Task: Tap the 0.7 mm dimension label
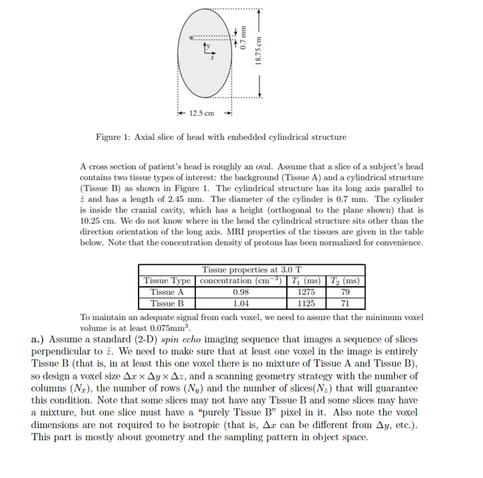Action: pyautogui.click(x=241, y=38)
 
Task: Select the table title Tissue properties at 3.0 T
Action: pyautogui.click(x=252, y=270)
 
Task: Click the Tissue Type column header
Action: pyautogui.click(x=167, y=281)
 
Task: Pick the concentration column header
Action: pyautogui.click(x=241, y=281)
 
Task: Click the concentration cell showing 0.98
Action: pyautogui.click(x=241, y=292)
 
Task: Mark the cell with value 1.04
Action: pyautogui.click(x=241, y=304)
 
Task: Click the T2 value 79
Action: pyautogui.click(x=344, y=292)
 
